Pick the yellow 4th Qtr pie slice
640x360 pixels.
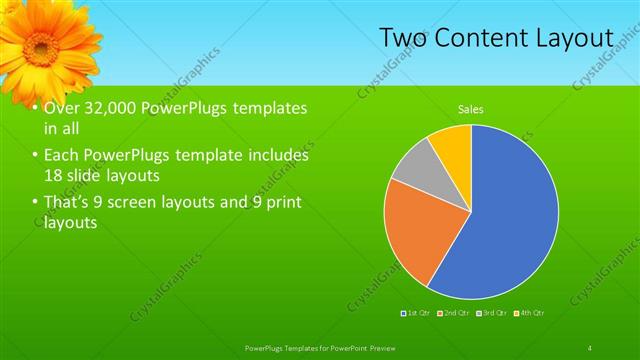pos(453,145)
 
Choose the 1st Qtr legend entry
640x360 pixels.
pos(416,314)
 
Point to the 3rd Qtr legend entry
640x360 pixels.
pos(491,314)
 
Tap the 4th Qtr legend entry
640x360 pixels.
pos(529,314)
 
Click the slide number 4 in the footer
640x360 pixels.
pos(590,347)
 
